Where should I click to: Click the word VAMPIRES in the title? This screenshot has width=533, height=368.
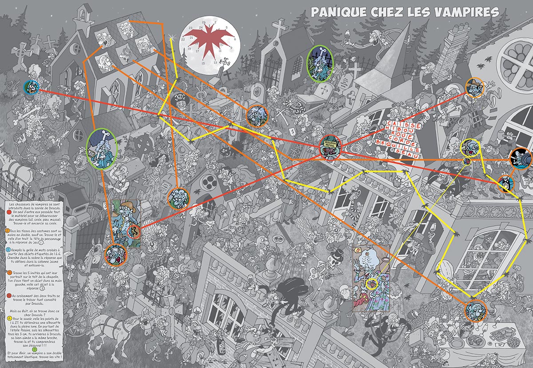[466, 12]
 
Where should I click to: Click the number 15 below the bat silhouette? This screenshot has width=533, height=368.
[203, 64]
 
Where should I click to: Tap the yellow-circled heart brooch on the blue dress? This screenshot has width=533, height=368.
[371, 283]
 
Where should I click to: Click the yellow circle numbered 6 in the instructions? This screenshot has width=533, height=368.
[10, 319]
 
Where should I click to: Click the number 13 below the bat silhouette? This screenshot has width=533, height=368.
[216, 63]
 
